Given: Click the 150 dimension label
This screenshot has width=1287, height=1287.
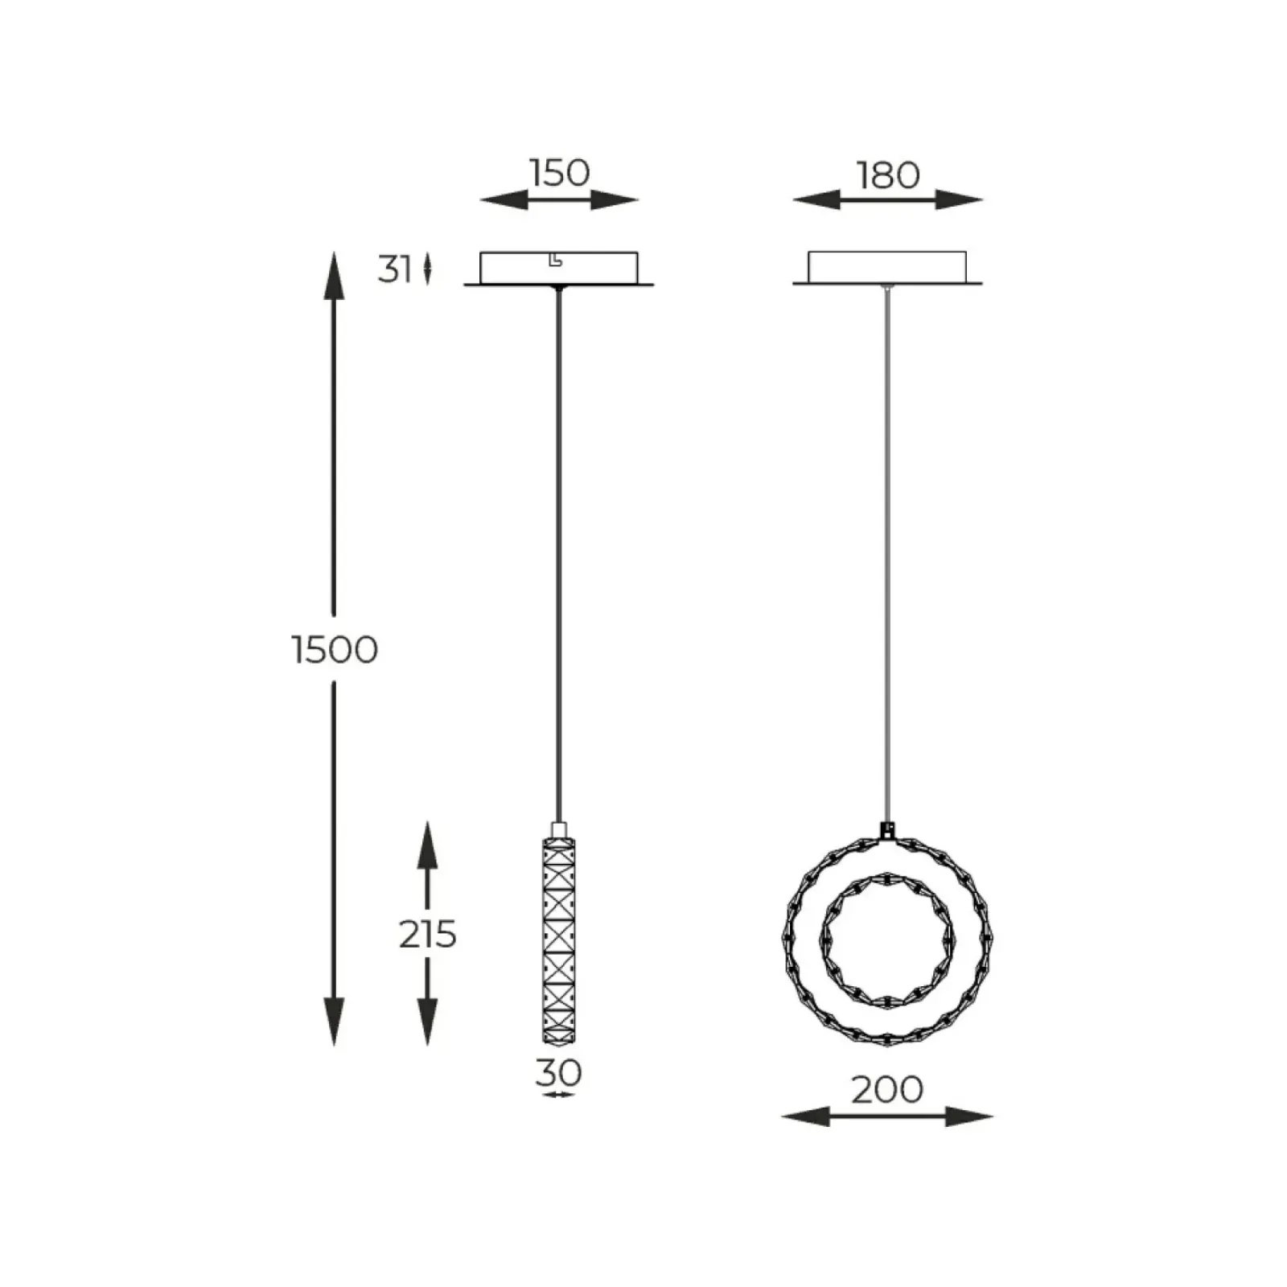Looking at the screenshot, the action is [x=560, y=173].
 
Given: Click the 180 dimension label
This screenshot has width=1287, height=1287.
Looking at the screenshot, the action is [x=888, y=175].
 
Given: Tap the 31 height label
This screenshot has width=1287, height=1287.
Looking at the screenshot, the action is [x=395, y=269].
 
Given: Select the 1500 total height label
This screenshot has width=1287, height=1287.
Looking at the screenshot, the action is [x=335, y=649].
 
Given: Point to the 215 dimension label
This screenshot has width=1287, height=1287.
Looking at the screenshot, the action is [x=428, y=934].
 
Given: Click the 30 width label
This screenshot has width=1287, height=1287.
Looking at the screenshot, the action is [x=558, y=1072].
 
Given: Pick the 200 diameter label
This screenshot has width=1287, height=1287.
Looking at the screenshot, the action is [x=887, y=1090].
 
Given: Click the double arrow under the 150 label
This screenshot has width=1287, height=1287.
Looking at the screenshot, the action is [x=559, y=199].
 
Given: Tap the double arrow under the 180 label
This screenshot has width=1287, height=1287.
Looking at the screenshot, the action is [x=888, y=199].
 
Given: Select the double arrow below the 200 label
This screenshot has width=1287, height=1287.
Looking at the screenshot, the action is [x=887, y=1116].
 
